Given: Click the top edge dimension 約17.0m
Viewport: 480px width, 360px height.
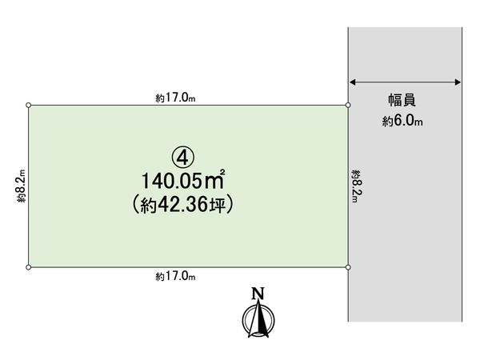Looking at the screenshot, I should point(175,98).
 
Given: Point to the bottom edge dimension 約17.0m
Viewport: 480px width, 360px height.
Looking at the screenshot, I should point(175,277).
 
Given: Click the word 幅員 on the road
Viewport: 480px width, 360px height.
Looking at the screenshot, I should point(402,101).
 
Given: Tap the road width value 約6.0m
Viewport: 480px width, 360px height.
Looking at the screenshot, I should point(402,122).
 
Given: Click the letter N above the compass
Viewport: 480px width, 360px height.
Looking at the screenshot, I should point(258,293).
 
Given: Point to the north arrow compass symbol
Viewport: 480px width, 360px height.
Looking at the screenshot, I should point(258,321).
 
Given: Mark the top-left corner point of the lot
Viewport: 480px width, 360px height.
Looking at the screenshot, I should point(29,105).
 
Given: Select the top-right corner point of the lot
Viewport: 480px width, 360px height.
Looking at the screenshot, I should point(348,105).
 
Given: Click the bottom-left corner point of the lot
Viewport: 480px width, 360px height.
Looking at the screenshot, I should point(29,267).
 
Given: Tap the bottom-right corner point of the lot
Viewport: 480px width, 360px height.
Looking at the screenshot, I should point(348,267).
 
